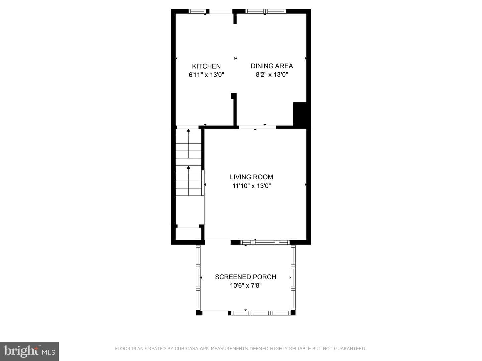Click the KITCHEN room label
(x=206, y=66)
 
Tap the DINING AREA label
(x=272, y=66)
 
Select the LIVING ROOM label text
(x=251, y=177)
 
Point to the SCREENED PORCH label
(x=245, y=277)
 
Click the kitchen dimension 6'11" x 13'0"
(x=206, y=75)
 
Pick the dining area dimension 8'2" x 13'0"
(x=272, y=75)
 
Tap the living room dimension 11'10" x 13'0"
(x=252, y=186)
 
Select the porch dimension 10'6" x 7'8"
(x=246, y=286)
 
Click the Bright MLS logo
(x=29, y=351)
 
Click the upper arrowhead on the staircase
(x=188, y=130)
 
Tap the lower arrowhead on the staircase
(x=188, y=167)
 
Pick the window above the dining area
(x=265, y=11)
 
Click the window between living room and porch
(x=265, y=242)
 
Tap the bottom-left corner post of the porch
(x=199, y=313)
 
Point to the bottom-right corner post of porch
(x=293, y=313)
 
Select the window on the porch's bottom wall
(x=261, y=313)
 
